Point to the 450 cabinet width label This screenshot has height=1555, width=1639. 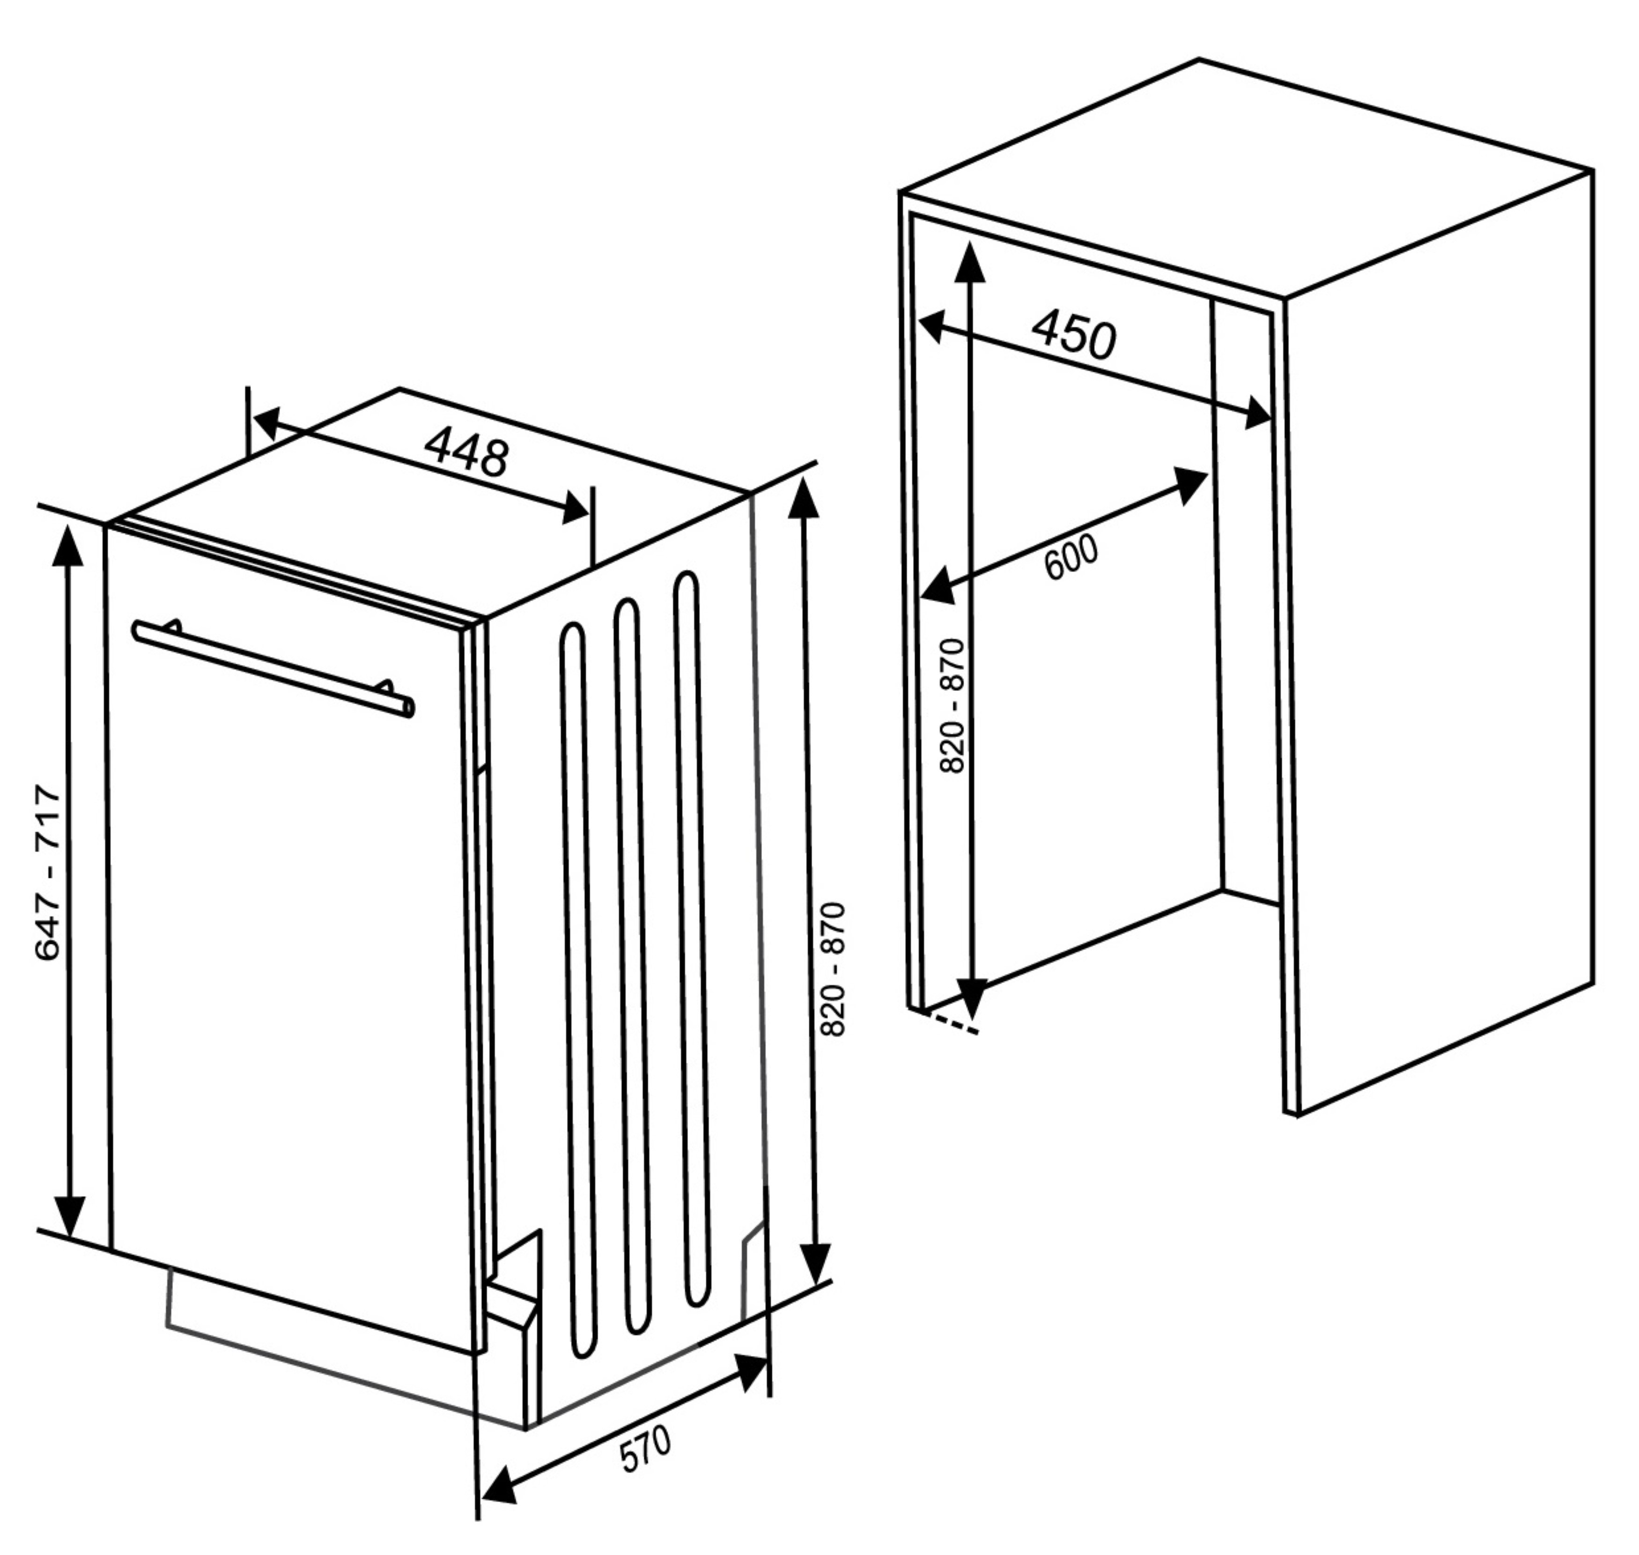point(1074,334)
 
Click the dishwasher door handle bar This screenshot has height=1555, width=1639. point(273,668)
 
